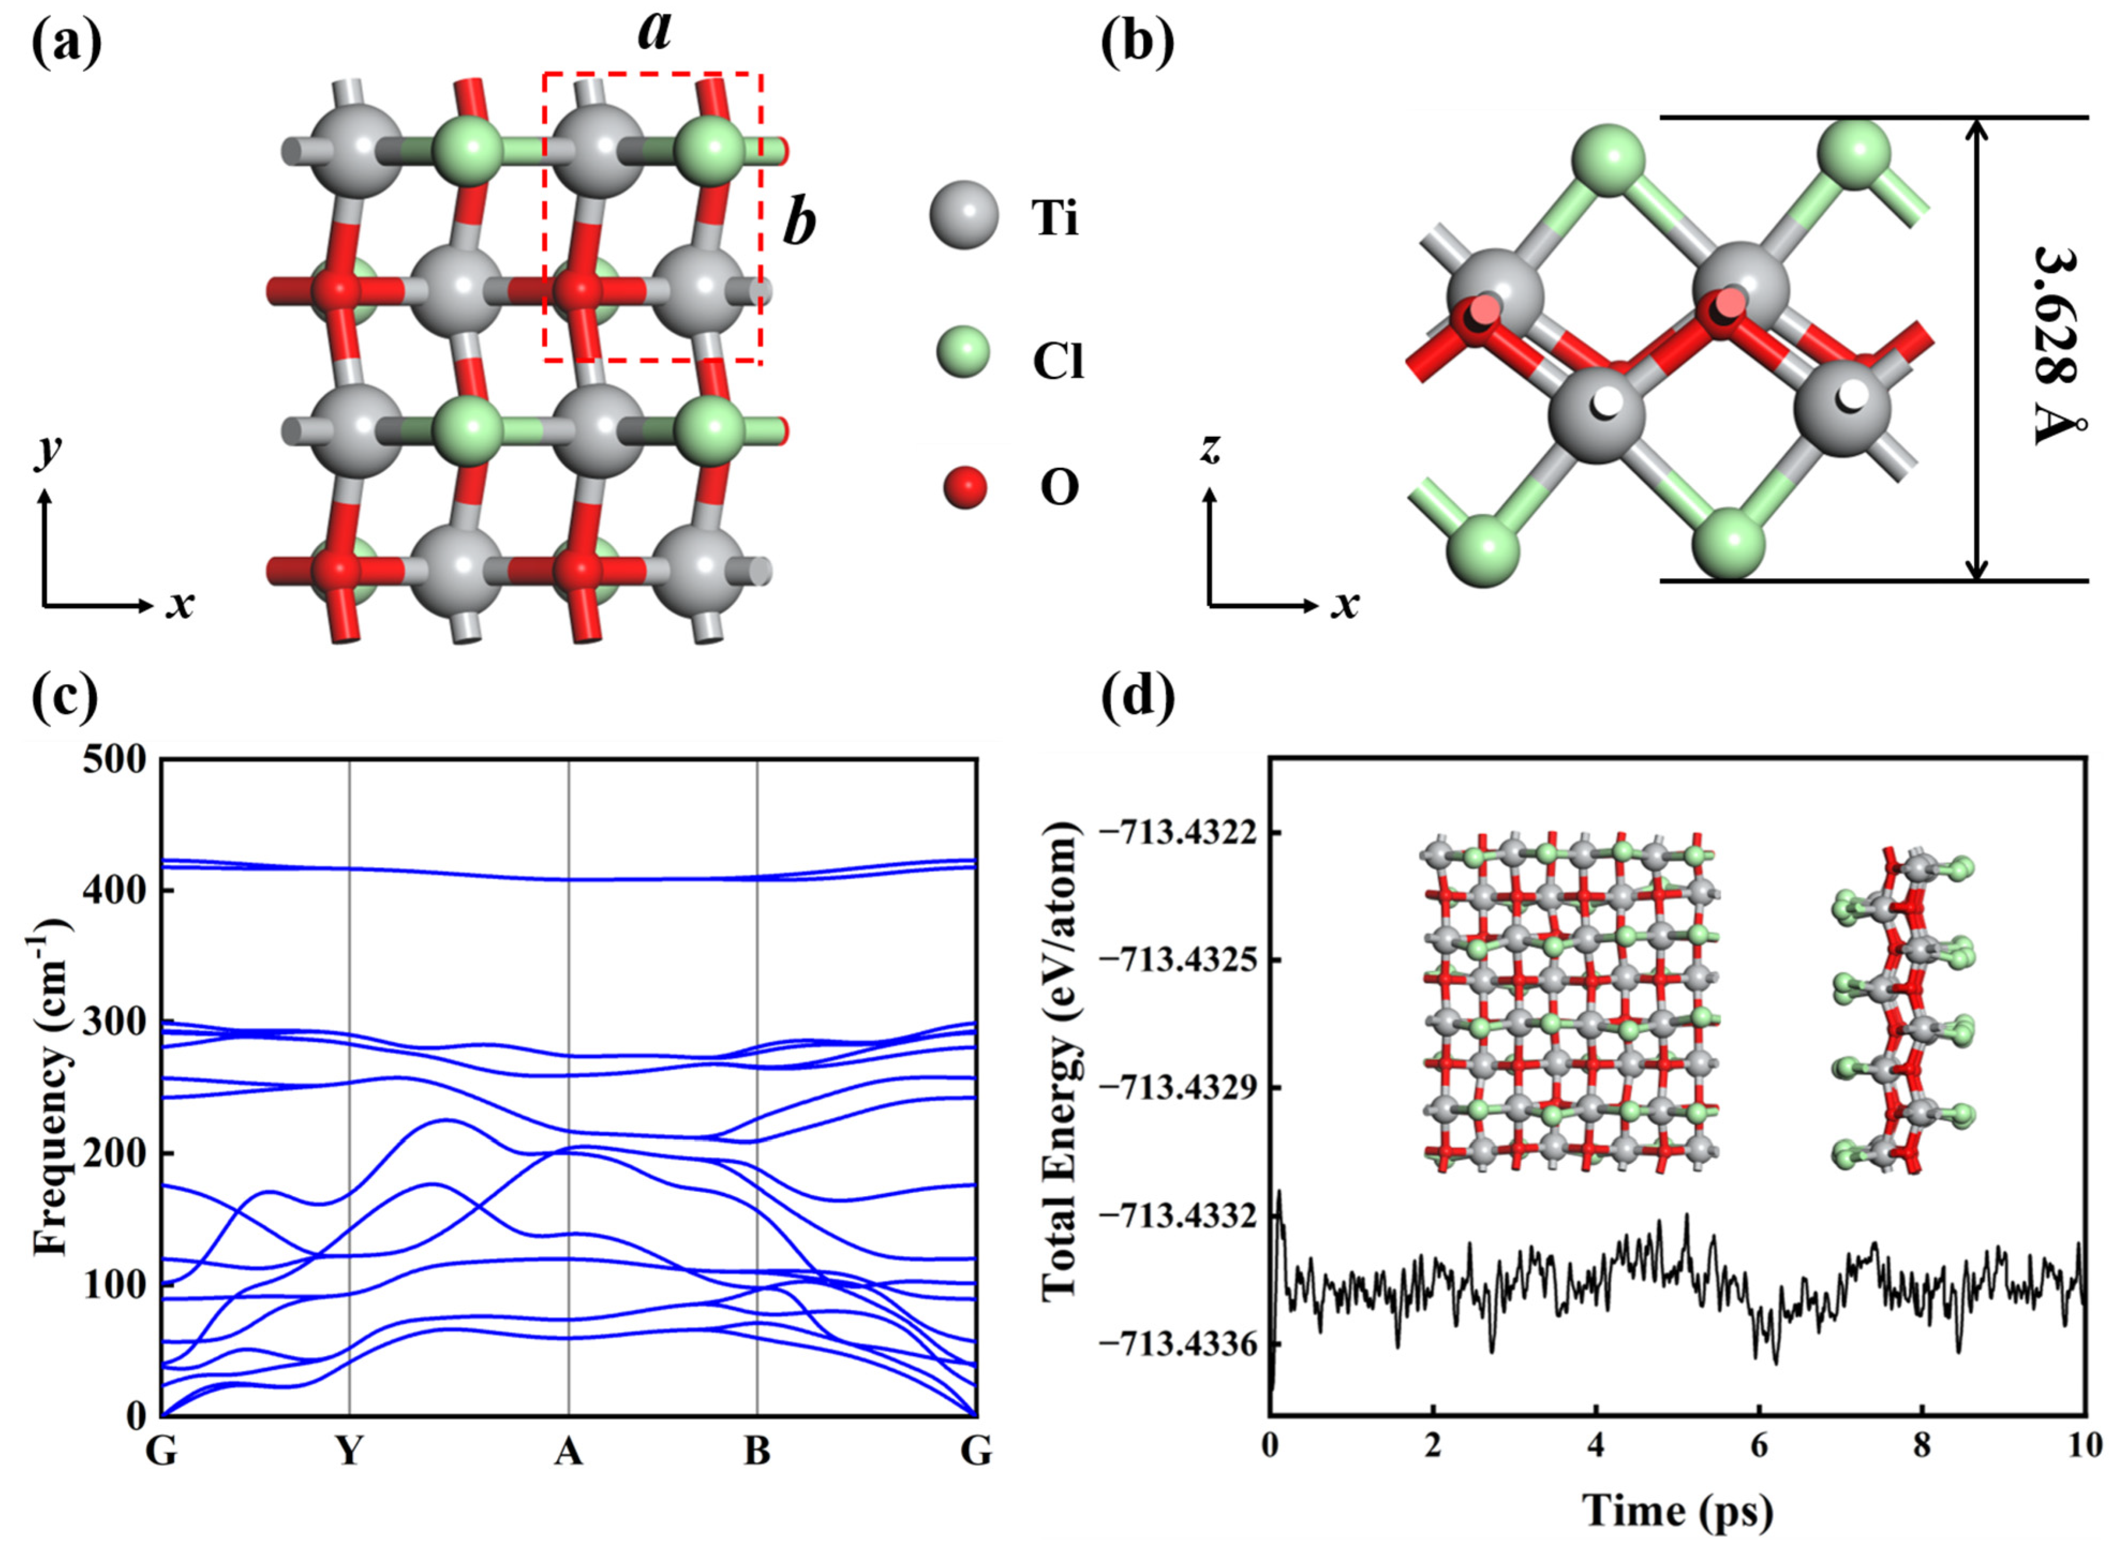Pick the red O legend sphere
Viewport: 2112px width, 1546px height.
[x=965, y=487]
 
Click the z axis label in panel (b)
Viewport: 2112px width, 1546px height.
[x=1211, y=450]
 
